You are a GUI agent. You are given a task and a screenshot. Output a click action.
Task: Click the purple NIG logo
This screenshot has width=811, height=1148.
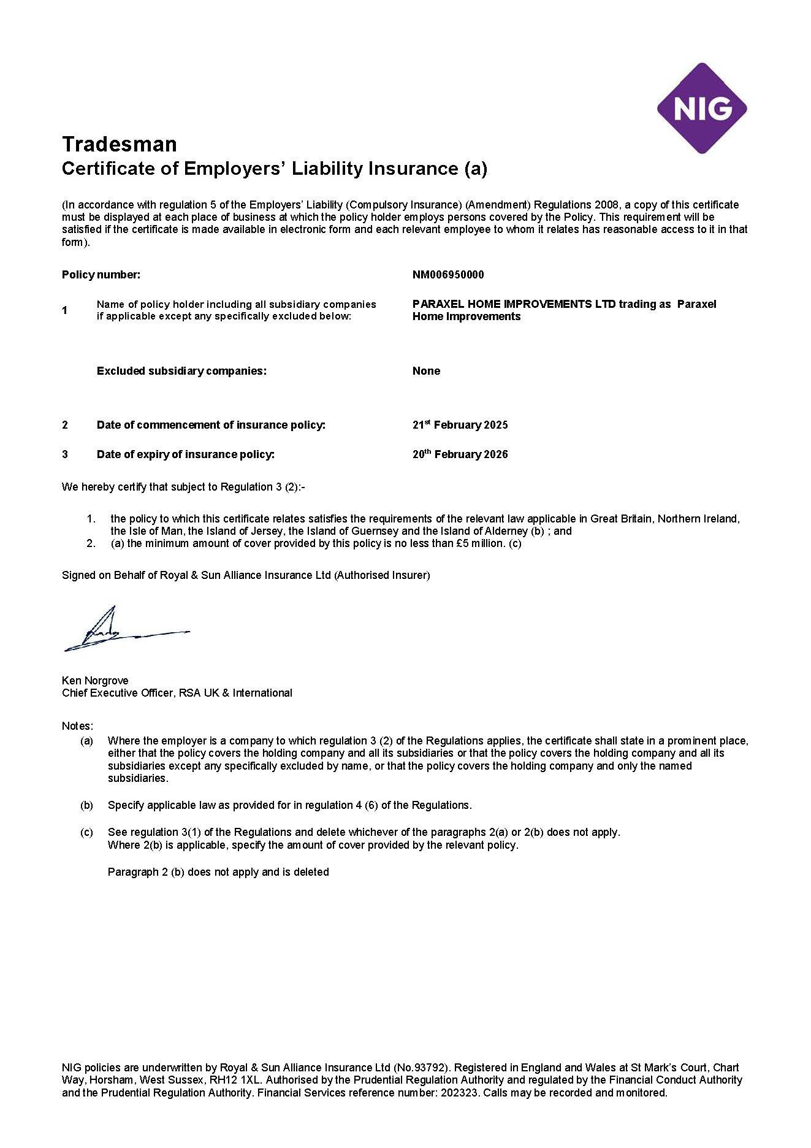[x=702, y=109]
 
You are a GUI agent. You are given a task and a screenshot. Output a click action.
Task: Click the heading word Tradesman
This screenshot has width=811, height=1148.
[x=120, y=144]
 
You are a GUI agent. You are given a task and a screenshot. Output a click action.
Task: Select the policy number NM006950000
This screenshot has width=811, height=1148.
[x=448, y=275]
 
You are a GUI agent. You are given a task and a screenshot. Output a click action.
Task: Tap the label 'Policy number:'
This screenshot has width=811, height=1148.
[x=101, y=275]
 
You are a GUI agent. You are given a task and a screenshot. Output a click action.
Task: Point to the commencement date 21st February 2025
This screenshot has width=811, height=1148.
[x=460, y=425]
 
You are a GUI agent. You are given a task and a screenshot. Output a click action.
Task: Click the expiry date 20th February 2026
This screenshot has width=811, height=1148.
[x=460, y=454]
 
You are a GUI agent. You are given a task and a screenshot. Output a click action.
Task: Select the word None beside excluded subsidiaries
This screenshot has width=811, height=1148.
[x=426, y=371]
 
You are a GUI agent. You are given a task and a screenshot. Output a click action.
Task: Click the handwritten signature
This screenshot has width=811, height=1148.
[x=116, y=632]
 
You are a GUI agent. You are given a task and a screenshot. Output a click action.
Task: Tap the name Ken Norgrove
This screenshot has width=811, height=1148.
[x=95, y=681]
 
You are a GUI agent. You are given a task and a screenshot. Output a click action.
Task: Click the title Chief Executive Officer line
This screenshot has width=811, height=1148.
[x=177, y=693]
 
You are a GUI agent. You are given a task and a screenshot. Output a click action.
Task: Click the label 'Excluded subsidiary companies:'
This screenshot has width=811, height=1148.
[x=181, y=371]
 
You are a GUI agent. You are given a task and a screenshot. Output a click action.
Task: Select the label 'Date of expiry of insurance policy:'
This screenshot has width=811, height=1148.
[x=185, y=454]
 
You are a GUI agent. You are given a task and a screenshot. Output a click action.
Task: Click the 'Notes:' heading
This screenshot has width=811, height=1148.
[x=77, y=726]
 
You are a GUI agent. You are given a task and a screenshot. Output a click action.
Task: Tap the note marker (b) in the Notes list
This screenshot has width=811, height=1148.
[x=86, y=805]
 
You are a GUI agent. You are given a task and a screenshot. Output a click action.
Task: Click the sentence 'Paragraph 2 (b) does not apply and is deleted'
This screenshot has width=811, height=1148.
[x=218, y=872]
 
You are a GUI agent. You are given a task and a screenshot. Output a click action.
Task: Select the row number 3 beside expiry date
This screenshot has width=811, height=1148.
[x=65, y=454]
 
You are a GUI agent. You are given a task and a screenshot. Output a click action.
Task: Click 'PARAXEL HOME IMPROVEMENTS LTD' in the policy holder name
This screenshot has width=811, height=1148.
[x=514, y=304]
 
